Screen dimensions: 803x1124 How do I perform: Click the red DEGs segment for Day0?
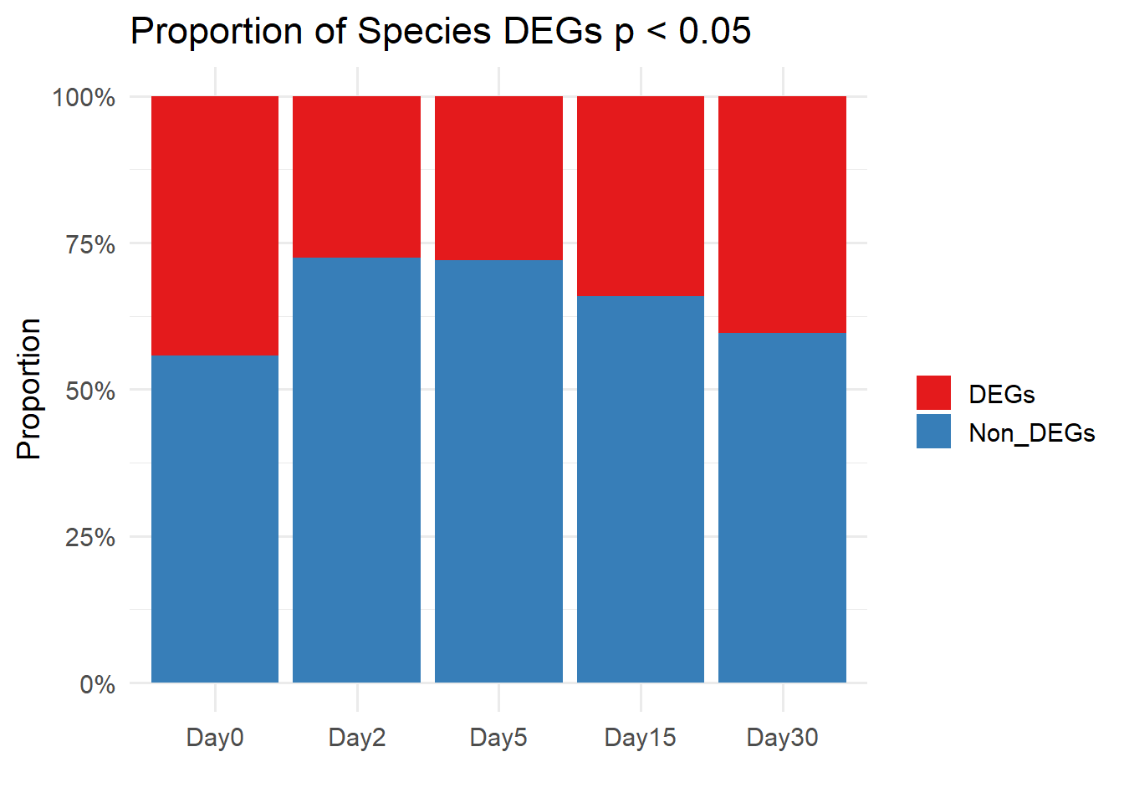click(215, 226)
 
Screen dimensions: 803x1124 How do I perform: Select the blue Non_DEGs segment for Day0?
click(215, 519)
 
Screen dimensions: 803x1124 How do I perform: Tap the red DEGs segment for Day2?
click(357, 176)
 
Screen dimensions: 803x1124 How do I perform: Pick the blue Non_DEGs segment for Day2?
click(357, 469)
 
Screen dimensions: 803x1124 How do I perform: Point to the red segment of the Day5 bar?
click(498, 178)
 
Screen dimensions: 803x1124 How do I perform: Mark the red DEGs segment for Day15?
click(641, 196)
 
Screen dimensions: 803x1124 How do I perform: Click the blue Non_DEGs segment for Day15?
click(641, 488)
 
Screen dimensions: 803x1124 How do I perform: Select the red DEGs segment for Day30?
click(782, 214)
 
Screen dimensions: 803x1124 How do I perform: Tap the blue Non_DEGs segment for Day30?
click(782, 507)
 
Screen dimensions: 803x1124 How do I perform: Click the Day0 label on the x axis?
click(215, 738)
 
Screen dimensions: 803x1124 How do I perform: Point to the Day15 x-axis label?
click(640, 738)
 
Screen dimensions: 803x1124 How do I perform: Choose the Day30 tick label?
click(782, 738)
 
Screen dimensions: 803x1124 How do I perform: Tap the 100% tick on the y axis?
click(84, 98)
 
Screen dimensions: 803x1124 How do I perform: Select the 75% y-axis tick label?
click(90, 244)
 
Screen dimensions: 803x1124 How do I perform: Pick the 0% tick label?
click(97, 684)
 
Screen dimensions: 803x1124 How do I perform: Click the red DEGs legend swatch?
click(933, 393)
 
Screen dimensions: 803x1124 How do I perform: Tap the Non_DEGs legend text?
click(1031, 433)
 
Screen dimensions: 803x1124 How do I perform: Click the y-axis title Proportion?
click(29, 389)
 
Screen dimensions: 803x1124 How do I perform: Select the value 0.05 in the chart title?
click(714, 32)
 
